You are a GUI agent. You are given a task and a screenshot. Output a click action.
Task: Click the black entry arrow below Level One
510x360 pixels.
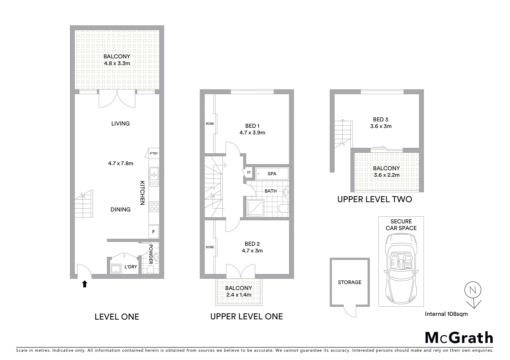click(x=85, y=284)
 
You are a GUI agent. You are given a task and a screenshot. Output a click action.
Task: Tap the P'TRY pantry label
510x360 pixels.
click(x=154, y=154)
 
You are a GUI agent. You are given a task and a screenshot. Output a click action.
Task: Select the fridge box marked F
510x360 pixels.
click(x=153, y=232)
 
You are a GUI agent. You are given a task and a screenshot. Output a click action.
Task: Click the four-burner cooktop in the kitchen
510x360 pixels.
click(x=154, y=207)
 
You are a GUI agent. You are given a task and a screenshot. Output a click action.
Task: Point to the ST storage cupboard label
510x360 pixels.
click(x=249, y=172)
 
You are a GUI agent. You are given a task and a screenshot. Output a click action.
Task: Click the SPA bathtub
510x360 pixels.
click(x=272, y=174)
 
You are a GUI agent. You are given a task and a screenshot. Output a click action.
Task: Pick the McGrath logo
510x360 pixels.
click(x=459, y=337)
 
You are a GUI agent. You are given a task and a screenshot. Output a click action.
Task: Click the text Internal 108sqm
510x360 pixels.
click(x=446, y=314)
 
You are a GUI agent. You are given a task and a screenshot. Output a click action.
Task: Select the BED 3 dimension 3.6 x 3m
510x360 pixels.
click(x=381, y=126)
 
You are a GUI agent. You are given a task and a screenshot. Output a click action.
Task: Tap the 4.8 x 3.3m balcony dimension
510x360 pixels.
click(x=116, y=63)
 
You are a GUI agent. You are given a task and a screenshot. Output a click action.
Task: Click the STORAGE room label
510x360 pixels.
click(x=350, y=282)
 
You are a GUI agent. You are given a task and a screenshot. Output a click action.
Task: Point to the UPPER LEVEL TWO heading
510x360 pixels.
click(x=375, y=199)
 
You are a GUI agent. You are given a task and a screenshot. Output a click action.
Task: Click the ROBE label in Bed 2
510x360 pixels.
click(x=210, y=247)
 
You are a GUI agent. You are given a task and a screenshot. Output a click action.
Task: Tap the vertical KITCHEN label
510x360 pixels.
click(x=142, y=193)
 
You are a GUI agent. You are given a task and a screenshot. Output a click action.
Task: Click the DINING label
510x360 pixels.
click(x=120, y=209)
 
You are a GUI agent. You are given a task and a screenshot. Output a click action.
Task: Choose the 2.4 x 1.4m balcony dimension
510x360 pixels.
click(x=238, y=295)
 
